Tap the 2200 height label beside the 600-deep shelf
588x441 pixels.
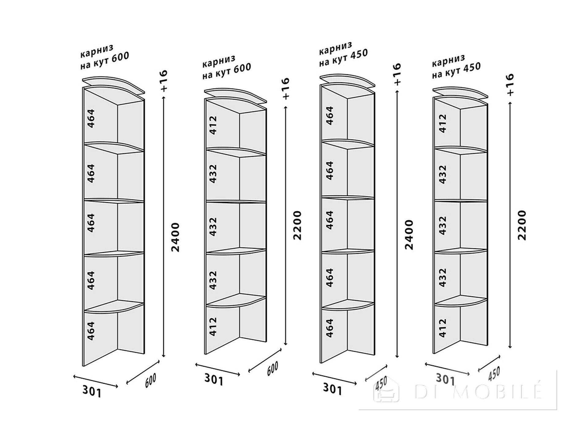297,225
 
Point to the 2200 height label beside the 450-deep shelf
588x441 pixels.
522,225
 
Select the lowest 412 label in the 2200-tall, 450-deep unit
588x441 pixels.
443,328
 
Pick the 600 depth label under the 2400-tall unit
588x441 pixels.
150,381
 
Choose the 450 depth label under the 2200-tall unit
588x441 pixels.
494,374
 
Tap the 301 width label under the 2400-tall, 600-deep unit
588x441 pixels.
92,391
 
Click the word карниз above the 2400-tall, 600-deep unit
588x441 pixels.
97,51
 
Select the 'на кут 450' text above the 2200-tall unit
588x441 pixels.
456,71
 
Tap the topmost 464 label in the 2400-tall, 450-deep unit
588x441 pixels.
330,115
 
